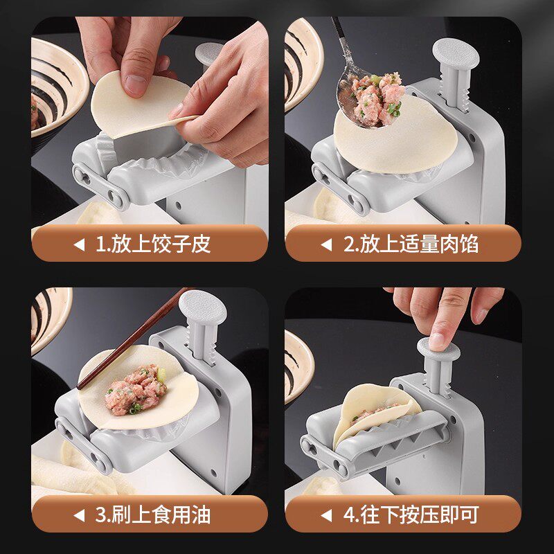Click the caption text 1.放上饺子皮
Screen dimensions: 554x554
[x=153, y=244]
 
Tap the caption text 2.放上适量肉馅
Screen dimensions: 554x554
[x=411, y=244]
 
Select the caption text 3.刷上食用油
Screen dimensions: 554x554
[x=152, y=515]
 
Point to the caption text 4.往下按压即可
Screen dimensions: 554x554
[x=411, y=515]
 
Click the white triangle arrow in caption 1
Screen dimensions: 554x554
[x=80, y=244]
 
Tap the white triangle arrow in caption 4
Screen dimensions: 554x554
[x=326, y=515]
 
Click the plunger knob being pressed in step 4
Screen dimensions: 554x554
[x=438, y=348]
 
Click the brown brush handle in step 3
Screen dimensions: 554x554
[x=132, y=340]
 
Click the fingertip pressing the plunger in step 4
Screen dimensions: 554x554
[x=438, y=341]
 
